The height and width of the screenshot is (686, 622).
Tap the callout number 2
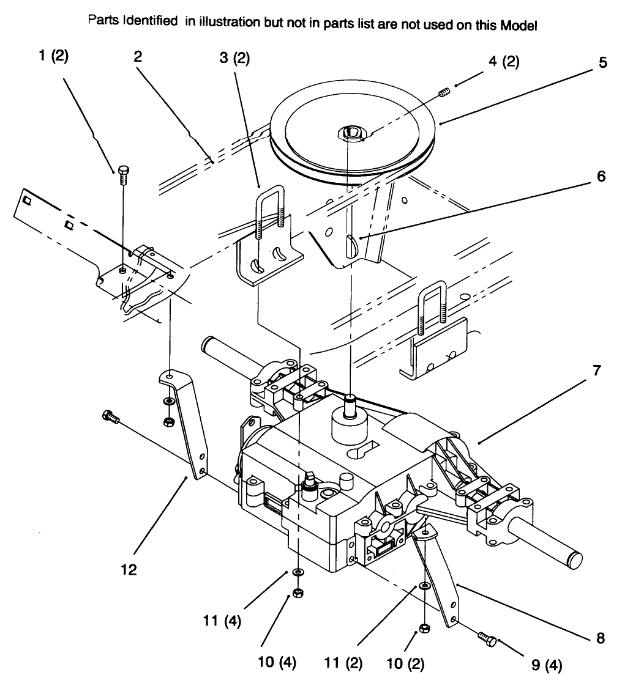click(x=137, y=57)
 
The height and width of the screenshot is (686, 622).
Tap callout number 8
click(x=601, y=638)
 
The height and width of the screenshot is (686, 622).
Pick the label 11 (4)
click(x=222, y=622)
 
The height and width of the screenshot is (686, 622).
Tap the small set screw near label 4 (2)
click(x=444, y=93)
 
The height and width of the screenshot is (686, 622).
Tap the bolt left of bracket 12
click(x=110, y=417)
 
